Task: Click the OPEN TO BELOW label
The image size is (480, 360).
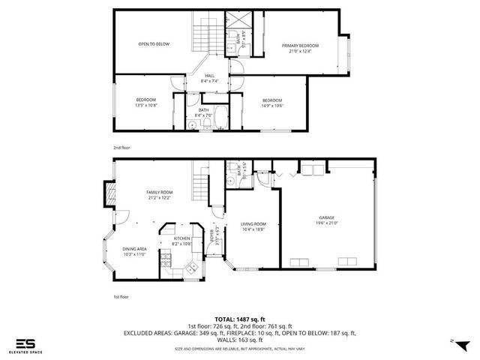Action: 153,44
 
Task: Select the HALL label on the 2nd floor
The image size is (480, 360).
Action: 211,74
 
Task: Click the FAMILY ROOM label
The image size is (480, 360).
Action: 159,192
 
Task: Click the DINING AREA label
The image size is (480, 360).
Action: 135,249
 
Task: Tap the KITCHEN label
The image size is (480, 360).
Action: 183,238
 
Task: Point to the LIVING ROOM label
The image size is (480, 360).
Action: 253,223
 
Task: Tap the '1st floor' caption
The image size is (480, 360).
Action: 121,296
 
